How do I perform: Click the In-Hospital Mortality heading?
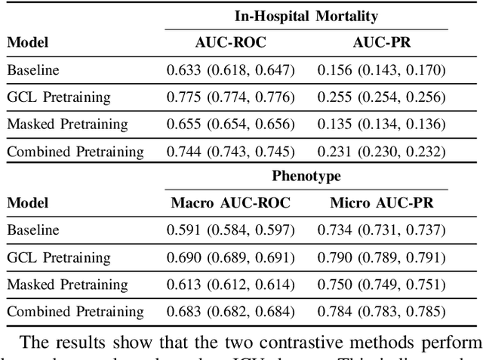[x=306, y=16]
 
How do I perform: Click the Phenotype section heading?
[x=306, y=176]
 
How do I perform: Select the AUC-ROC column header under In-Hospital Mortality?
[x=230, y=43]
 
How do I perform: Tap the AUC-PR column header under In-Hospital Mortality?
[x=381, y=43]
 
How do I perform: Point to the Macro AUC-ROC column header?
[x=230, y=203]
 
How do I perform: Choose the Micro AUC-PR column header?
[x=381, y=203]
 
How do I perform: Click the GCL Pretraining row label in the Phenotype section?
[x=58, y=257]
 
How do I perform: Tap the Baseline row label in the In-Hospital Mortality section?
[x=32, y=70]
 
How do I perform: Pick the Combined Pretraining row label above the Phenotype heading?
[x=75, y=152]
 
